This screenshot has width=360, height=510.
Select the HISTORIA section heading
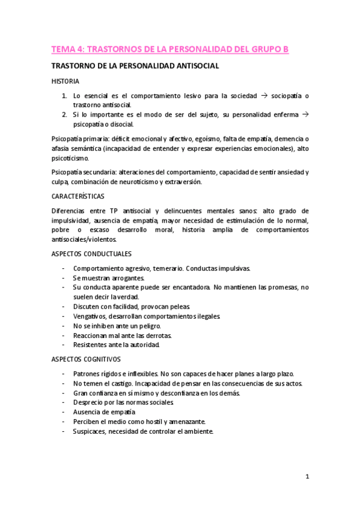click(x=65, y=81)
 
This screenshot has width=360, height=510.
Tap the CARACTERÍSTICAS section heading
click(x=78, y=196)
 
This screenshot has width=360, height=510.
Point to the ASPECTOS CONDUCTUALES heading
click(x=92, y=254)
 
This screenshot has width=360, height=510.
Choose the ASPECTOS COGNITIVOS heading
click(x=86, y=359)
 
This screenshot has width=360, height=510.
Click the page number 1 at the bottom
click(x=307, y=478)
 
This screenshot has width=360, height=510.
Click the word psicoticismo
click(x=70, y=158)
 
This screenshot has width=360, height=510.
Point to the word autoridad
click(x=142, y=345)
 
